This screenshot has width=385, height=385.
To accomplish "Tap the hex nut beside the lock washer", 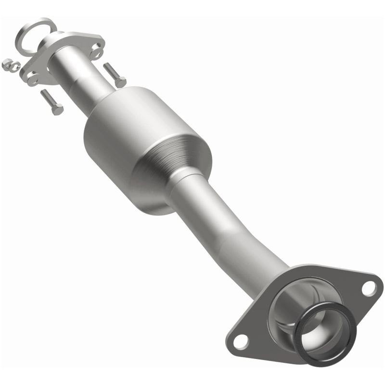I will [x=6, y=64].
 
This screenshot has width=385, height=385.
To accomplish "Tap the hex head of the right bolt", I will [x=120, y=82].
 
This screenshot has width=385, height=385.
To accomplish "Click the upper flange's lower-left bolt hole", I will [x=33, y=77].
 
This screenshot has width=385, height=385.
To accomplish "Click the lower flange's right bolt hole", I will [x=369, y=288].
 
